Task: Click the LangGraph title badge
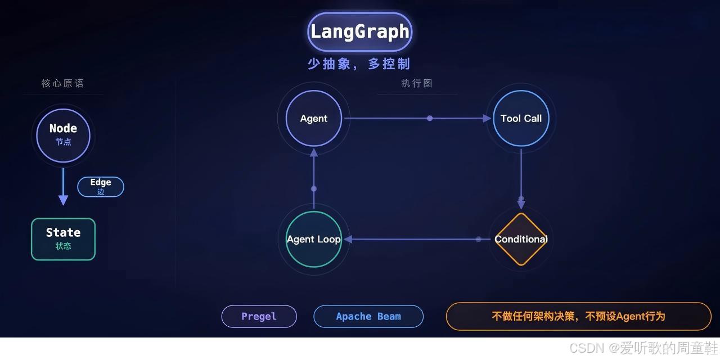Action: (359, 31)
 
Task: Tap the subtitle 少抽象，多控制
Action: (359, 64)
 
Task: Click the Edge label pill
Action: (101, 187)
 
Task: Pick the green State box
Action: (63, 239)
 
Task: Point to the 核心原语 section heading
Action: (62, 83)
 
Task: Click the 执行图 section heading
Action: (417, 83)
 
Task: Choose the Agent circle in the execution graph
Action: (314, 119)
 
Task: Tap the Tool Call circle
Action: (521, 119)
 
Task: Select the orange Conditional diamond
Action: (521, 239)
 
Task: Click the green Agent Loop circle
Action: (314, 239)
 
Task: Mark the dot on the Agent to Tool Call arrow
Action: (430, 118)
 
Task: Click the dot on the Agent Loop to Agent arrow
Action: (314, 188)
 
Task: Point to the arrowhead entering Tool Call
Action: (487, 118)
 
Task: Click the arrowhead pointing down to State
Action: (63, 200)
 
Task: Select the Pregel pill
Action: (259, 316)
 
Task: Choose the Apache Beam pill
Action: (368, 316)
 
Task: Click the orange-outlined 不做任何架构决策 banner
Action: (578, 316)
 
